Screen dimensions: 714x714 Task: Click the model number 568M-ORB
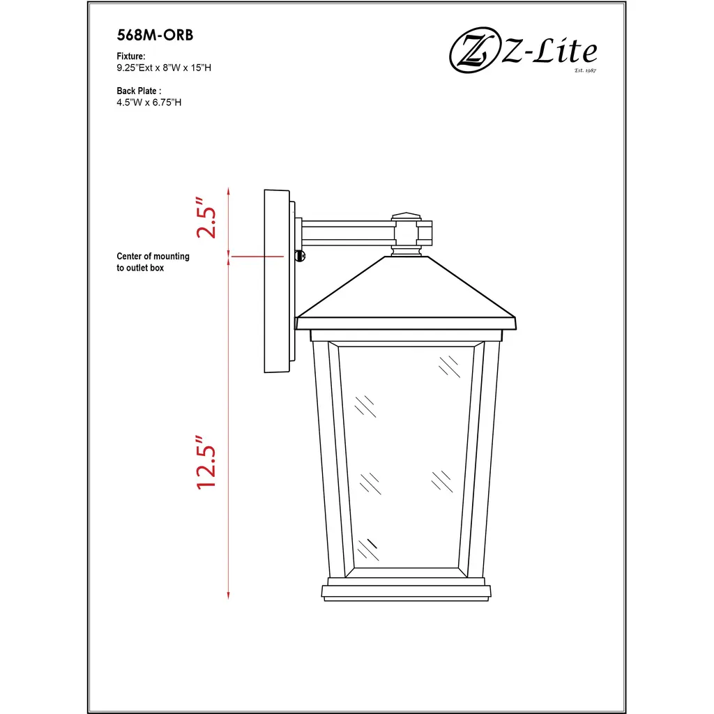155,35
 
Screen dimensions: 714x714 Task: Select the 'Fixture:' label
131,56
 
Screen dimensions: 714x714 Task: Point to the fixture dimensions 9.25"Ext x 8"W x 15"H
164,68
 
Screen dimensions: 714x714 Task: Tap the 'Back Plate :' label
139,91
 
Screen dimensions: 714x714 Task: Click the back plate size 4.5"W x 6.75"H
149,102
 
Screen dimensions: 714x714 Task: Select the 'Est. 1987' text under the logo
585,70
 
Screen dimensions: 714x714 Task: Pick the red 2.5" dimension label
206,218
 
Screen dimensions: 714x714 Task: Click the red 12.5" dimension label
206,462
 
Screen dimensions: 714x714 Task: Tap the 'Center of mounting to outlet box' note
153,262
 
